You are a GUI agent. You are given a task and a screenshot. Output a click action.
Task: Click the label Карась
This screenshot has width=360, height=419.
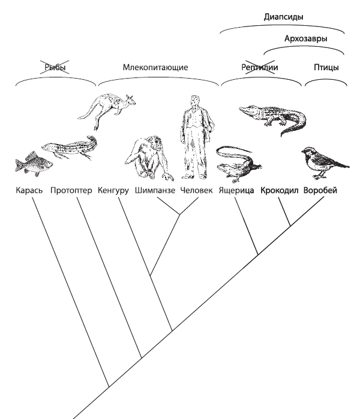click(29, 190)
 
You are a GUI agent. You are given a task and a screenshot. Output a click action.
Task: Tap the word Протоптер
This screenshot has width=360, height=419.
click(71, 190)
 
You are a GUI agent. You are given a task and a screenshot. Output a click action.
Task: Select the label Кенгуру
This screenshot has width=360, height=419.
click(113, 190)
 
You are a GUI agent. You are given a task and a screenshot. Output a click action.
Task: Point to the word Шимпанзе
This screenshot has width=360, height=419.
click(155, 190)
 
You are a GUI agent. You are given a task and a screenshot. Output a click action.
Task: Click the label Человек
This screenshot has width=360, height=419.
click(196, 190)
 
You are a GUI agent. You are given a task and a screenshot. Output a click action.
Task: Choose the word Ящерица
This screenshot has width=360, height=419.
click(236, 190)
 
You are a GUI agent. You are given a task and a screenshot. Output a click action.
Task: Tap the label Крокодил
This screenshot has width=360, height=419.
click(280, 190)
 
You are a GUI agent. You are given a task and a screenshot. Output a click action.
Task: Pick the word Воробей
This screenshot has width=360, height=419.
click(320, 190)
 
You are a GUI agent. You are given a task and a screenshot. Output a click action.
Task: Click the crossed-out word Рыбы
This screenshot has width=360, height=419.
click(55, 67)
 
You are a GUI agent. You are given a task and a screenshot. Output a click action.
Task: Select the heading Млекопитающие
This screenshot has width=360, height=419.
click(155, 67)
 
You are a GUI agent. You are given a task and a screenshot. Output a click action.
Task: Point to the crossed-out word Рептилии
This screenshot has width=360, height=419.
click(259, 67)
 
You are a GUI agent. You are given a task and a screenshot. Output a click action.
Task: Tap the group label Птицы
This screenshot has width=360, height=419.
click(326, 67)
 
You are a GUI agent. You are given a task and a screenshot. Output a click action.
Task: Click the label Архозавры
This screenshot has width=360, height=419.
click(305, 38)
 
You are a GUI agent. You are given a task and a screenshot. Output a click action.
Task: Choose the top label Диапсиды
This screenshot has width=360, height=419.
click(283, 17)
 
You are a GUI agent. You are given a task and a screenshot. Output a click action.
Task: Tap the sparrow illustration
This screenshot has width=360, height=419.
click(325, 162)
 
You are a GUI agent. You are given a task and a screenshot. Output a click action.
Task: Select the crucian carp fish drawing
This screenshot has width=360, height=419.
click(33, 163)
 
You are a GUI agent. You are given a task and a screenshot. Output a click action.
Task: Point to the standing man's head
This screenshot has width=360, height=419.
click(194, 100)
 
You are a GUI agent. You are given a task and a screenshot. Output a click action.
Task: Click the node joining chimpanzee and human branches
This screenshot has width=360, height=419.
click(179, 214)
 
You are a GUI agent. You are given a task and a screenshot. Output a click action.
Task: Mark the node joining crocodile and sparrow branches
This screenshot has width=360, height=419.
click(290, 226)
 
